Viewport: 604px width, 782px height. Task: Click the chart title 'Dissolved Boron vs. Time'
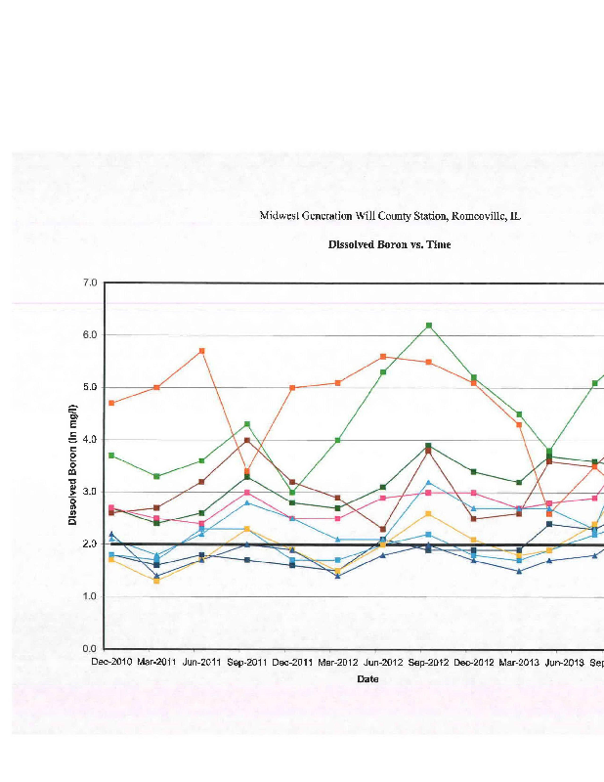pyautogui.click(x=389, y=244)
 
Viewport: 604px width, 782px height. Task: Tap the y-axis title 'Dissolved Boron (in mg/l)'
pyautogui.click(x=73, y=464)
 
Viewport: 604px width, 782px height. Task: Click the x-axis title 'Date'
pyautogui.click(x=367, y=678)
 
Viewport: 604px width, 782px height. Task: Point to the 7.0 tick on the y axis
pyautogui.click(x=91, y=282)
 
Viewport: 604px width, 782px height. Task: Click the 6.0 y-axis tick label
pyautogui.click(x=91, y=335)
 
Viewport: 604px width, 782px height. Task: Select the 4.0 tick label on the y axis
pyautogui.click(x=91, y=440)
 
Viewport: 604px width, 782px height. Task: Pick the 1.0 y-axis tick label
pyautogui.click(x=91, y=596)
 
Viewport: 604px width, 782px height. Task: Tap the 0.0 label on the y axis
pyautogui.click(x=91, y=649)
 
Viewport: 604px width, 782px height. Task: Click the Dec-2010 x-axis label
pyautogui.click(x=111, y=662)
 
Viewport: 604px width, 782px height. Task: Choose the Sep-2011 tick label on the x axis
pyautogui.click(x=247, y=662)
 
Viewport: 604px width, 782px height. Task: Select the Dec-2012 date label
pyautogui.click(x=474, y=662)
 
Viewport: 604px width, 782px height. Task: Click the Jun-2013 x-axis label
pyautogui.click(x=564, y=662)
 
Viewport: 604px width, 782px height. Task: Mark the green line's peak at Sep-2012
pyautogui.click(x=429, y=326)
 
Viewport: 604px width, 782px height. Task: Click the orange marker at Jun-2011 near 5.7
pyautogui.click(x=201, y=351)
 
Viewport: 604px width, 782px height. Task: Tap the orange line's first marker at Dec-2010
pyautogui.click(x=111, y=403)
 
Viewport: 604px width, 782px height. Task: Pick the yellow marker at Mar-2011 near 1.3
pyautogui.click(x=156, y=581)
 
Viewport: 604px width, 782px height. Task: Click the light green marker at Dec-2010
pyautogui.click(x=111, y=456)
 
